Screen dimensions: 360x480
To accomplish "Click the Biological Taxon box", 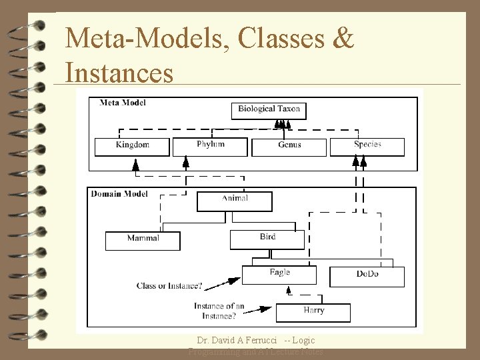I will pos(269,109).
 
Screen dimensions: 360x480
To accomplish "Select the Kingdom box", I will pos(132,145).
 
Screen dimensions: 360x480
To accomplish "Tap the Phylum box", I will pos(210,145).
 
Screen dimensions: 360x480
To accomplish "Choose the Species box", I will pos(367,145).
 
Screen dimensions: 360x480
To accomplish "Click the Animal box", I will pos(234,199).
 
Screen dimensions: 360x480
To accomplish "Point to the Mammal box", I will pos(143,239).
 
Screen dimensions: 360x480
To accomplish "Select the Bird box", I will pos(267,238).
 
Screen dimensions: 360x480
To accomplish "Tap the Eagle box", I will pos(280,273).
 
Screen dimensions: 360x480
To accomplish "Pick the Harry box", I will pos(313,311).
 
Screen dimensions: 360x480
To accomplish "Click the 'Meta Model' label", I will pos(123,103).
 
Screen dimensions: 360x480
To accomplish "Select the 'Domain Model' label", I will pos(119,194).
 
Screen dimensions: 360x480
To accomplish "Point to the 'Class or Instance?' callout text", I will pos(169,286).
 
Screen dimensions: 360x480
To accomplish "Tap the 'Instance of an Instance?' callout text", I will pos(219,311).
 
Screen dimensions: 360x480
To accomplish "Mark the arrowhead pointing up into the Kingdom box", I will pos(136,163).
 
